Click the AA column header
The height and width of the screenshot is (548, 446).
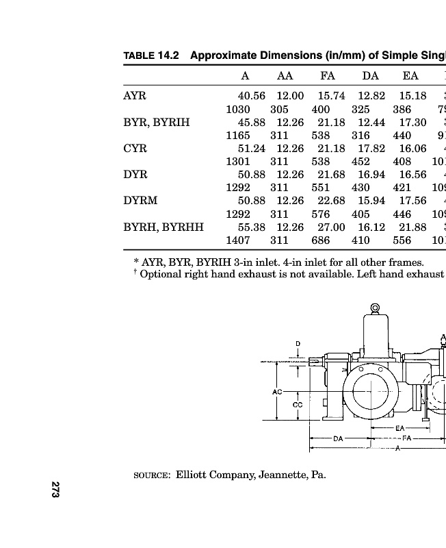(x=285, y=75)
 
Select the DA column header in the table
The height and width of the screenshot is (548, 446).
(x=370, y=75)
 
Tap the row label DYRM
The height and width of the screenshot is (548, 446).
(x=140, y=201)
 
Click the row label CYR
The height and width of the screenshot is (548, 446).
(x=135, y=149)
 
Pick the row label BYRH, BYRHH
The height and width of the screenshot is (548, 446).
(x=163, y=227)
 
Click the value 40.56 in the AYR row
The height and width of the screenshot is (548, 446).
(x=251, y=96)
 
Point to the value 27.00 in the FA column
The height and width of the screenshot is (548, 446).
(x=332, y=227)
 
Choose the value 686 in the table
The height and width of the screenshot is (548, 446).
(x=321, y=240)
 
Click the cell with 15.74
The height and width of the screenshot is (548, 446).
(x=332, y=96)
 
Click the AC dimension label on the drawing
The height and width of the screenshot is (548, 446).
(x=277, y=392)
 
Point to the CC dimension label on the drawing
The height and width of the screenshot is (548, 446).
(x=297, y=404)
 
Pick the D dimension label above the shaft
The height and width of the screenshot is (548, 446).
(x=298, y=342)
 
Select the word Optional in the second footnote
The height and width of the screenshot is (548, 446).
(x=162, y=275)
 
